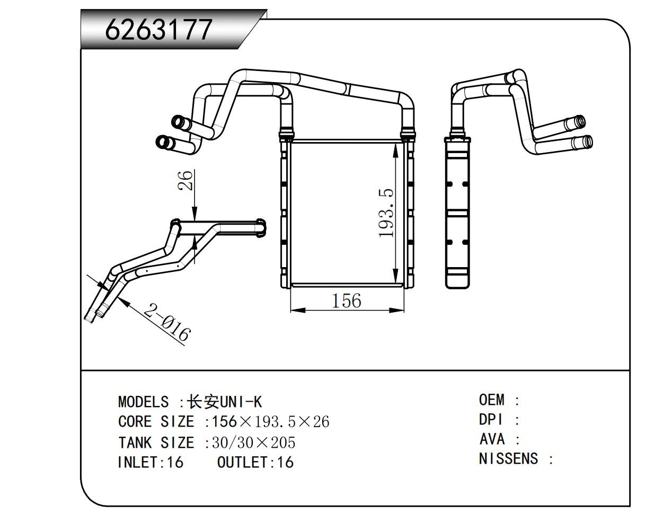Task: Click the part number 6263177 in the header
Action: click(x=159, y=30)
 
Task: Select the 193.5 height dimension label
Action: click(x=387, y=213)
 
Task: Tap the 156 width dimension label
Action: click(x=346, y=301)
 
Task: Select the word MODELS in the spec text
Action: click(x=143, y=402)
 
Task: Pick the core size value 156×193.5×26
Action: click(x=270, y=422)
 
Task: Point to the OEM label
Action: click(x=492, y=400)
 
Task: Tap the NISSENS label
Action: click(x=508, y=458)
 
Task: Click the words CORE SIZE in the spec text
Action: click(x=156, y=422)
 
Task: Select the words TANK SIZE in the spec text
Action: click(x=156, y=442)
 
